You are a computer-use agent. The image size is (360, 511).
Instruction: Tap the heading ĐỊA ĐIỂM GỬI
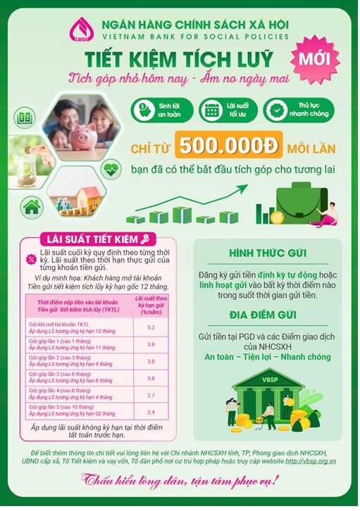click(266, 315)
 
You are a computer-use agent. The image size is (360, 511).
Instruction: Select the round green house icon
click(32, 206)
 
